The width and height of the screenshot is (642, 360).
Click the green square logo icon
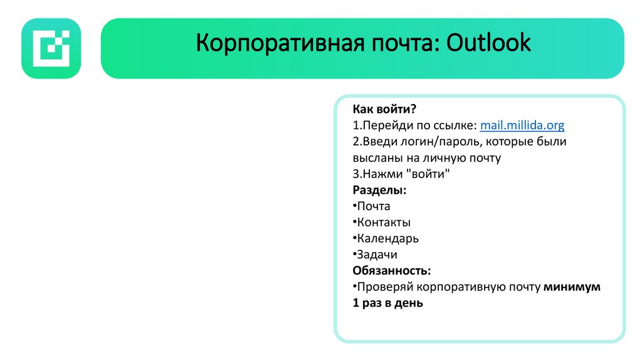(x=51, y=48)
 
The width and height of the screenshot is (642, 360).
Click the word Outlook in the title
(x=488, y=43)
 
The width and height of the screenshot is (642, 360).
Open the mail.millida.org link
(x=522, y=125)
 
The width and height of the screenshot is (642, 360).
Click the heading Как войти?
(x=384, y=109)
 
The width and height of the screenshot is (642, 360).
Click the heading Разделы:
(x=379, y=190)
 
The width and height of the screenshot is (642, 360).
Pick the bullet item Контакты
(x=383, y=223)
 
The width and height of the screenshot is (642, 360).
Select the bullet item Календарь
(x=387, y=239)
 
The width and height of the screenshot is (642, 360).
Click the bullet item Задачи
(x=376, y=255)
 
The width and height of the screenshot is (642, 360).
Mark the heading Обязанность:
(x=391, y=271)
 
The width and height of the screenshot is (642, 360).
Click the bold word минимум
(x=572, y=287)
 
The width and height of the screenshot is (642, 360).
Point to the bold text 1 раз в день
(x=387, y=304)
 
